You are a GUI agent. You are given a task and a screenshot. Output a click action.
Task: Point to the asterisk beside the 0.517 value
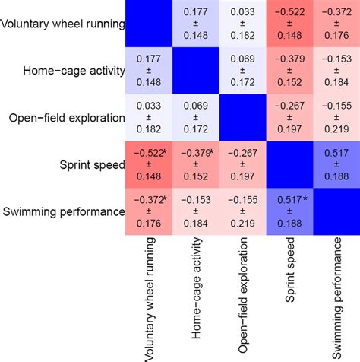coord(305,199)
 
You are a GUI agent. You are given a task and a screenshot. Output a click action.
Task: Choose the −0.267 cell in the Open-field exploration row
coord(289,118)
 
